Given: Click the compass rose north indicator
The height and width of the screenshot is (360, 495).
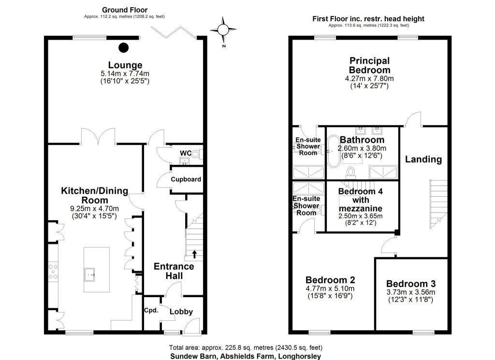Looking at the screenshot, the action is coord(223,30).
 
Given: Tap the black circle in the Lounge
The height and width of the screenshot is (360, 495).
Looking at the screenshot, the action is coord(123,48).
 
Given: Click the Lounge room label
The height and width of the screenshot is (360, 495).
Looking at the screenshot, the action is coord(125,65).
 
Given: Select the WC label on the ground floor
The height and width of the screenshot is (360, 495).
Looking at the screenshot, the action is coord(186,153).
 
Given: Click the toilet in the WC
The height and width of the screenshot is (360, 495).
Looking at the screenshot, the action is coord(197,154).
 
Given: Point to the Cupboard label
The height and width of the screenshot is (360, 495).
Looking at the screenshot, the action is coord(186,179).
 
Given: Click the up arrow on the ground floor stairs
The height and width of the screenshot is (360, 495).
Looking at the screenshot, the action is coord(194,254).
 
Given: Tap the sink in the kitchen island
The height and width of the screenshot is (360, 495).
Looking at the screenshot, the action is coord(89,274).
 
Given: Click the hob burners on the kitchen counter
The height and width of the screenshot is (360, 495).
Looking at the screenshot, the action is coord(53,272).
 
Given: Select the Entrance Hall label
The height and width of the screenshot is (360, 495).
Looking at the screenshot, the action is coord(174,271).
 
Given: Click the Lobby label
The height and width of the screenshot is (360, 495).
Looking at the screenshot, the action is coord(181,312).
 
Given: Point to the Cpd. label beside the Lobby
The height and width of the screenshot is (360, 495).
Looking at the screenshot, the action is coord(151,310).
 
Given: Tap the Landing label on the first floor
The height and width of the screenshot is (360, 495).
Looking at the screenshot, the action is coord(423,159).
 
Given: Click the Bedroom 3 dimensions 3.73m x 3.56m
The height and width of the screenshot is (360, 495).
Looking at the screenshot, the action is coord(410,292).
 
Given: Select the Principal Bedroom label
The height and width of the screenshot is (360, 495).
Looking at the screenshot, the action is coord(369,65).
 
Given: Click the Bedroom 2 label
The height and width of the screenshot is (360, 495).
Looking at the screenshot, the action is coord(330,280).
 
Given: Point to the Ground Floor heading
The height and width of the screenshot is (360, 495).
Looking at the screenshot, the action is coord(125,10).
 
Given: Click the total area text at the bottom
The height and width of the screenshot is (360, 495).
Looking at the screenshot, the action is coord(246,348).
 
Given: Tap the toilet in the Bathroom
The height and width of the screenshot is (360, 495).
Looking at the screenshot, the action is coord(351,173).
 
